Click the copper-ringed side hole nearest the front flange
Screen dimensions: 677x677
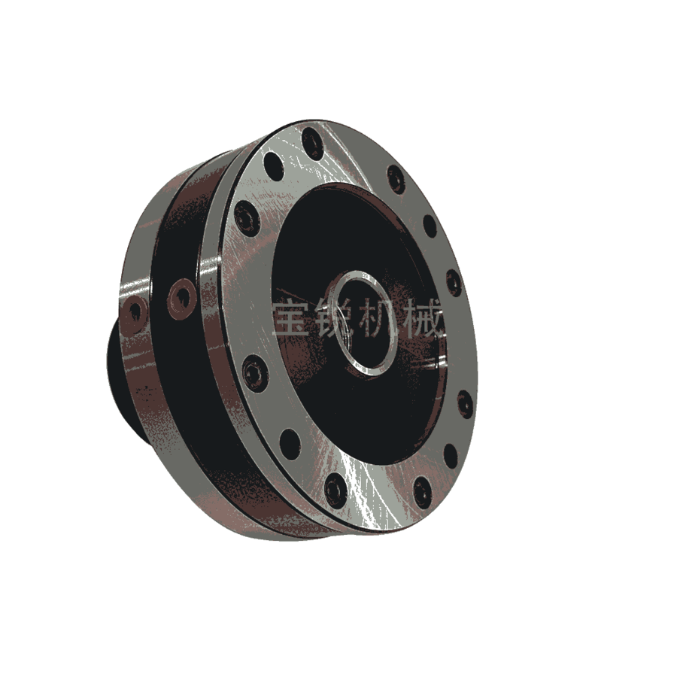[182, 299]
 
